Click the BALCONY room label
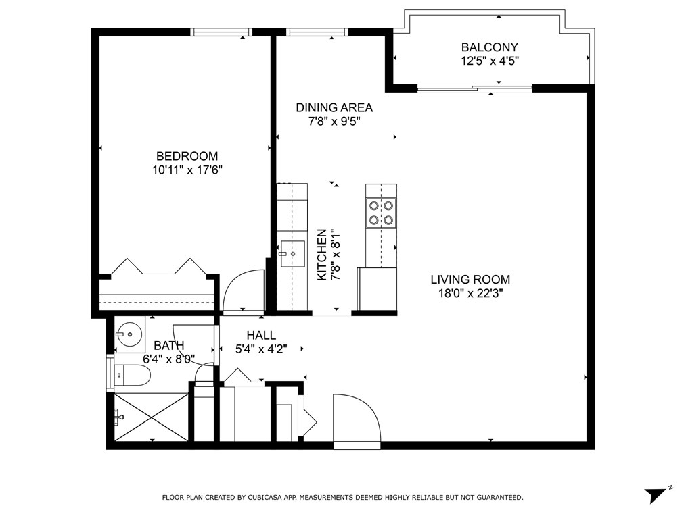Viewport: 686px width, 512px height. (489, 47)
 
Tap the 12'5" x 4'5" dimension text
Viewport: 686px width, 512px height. (489, 61)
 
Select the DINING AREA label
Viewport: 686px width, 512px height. (334, 107)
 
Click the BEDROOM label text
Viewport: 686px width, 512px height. (187, 156)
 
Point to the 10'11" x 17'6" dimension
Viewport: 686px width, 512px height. (187, 170)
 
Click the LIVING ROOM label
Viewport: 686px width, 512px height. (470, 279)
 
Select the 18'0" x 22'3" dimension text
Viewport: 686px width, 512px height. (470, 293)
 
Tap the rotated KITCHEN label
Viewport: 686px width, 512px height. (322, 255)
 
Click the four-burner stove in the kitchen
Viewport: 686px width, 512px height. (380, 213)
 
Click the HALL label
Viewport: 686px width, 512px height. (260, 335)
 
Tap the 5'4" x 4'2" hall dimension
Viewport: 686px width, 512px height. (260, 349)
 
